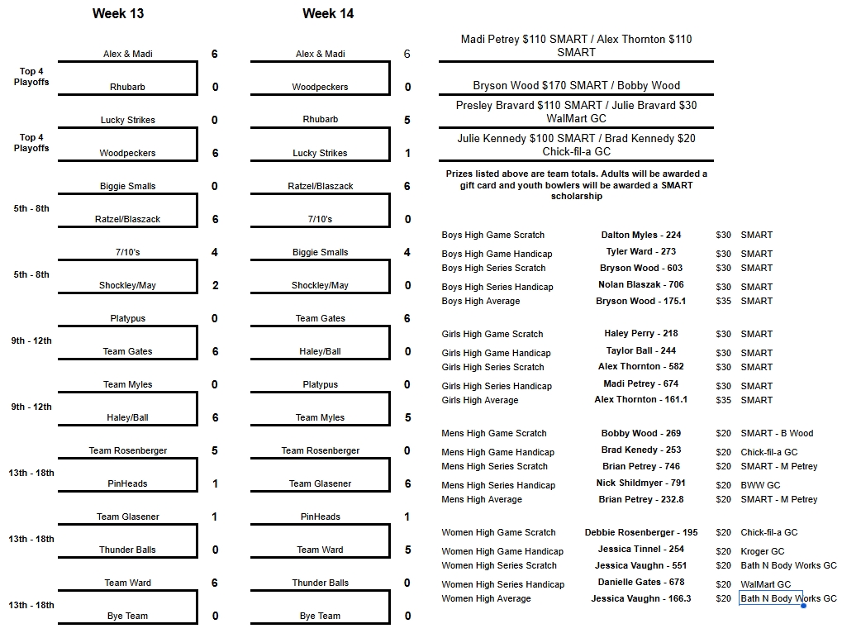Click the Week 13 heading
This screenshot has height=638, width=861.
click(118, 14)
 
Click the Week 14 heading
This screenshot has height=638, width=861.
click(328, 14)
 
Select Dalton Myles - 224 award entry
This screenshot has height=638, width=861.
click(640, 235)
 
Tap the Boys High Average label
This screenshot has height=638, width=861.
click(481, 301)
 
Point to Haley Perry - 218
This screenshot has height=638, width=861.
click(640, 334)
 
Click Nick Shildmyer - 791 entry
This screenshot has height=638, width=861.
click(640, 483)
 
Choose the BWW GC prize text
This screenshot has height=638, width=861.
click(760, 485)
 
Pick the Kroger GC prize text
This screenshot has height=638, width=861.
click(763, 551)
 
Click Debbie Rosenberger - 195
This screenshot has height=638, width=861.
click(640, 532)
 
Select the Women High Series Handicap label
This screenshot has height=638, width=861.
click(502, 584)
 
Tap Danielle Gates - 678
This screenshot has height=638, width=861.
click(640, 582)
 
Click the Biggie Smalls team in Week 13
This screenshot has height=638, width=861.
click(128, 186)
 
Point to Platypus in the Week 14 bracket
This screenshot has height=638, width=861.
click(321, 384)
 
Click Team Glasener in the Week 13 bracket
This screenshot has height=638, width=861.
click(128, 517)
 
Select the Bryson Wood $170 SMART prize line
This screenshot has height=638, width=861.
click(576, 85)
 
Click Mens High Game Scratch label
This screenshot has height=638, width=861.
click(494, 433)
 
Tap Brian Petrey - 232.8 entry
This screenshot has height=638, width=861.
click(640, 499)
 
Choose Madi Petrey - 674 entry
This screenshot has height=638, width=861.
click(640, 383)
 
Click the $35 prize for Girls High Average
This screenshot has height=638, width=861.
click(723, 400)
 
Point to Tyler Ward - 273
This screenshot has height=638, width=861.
click(640, 251)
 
